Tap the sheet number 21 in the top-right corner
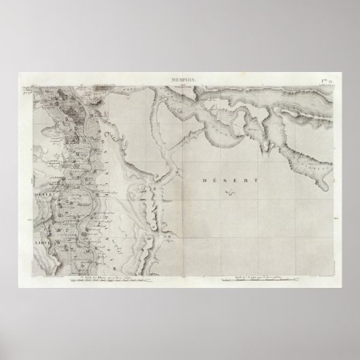(x=327, y=80)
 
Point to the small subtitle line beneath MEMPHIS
(x=179, y=85)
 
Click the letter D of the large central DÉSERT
(x=205, y=181)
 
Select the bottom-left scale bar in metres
(x=102, y=278)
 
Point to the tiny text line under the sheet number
(x=327, y=85)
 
